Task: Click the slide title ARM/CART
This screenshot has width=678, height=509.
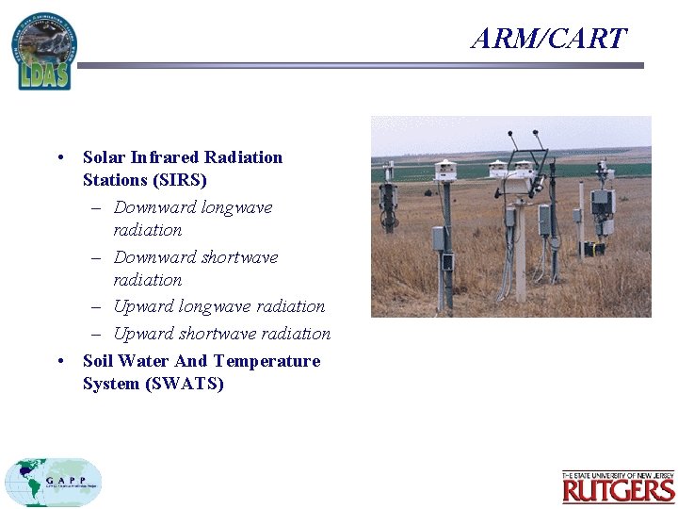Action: [549, 39]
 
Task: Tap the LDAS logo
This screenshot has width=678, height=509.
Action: [43, 52]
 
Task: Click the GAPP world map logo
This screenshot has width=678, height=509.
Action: [53, 483]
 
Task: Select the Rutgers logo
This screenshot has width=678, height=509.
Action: [618, 487]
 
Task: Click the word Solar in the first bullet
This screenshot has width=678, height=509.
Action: [105, 157]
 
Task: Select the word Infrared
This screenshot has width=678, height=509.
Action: [165, 157]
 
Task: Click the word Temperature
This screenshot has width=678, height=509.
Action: [266, 361]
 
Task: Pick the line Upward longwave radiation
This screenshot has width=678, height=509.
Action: [218, 306]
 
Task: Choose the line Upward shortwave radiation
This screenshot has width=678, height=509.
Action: [221, 334]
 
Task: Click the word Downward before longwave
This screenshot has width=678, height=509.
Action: [155, 207]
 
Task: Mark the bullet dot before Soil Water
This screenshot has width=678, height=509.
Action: [60, 361]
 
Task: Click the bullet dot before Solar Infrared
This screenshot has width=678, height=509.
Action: [60, 157]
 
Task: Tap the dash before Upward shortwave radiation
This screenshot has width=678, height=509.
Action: [97, 334]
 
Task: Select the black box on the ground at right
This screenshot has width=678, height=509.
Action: [590, 249]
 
